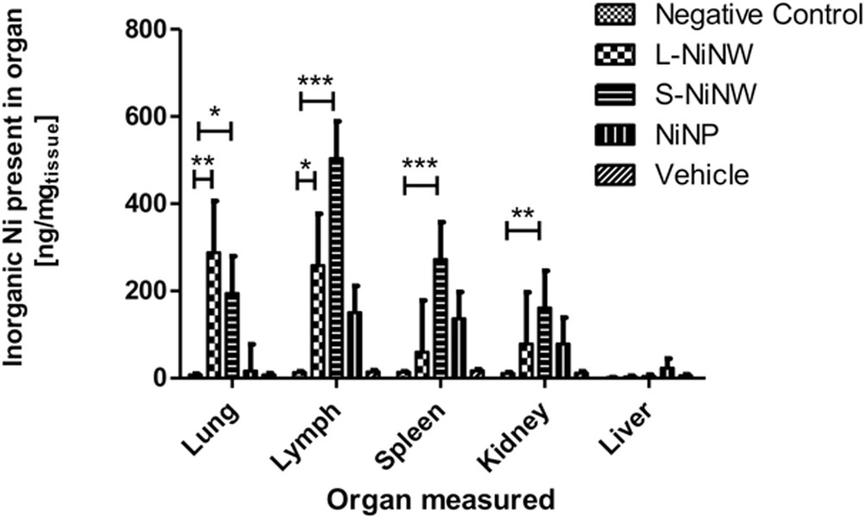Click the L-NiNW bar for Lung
click(x=213, y=315)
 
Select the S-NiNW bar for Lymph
click(x=334, y=268)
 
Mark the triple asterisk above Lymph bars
click(x=315, y=83)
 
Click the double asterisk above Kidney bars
click(x=522, y=214)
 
